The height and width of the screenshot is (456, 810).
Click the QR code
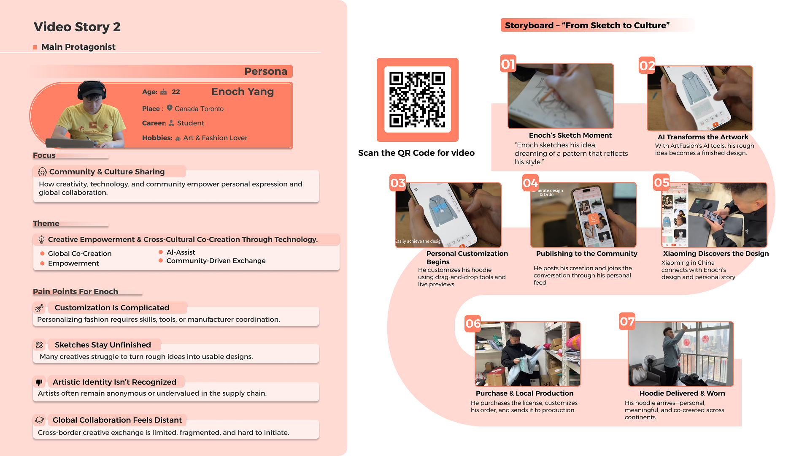tap(417, 100)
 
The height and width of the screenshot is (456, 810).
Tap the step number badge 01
tap(508, 64)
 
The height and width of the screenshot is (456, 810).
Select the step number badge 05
tap(661, 182)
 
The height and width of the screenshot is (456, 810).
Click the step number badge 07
tap(627, 322)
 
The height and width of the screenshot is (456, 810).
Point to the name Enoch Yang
tap(243, 92)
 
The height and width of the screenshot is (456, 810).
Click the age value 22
tap(176, 92)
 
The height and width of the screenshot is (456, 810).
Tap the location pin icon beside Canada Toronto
tap(170, 108)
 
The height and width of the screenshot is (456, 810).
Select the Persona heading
tap(266, 71)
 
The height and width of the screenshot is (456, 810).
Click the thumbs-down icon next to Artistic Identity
tap(39, 382)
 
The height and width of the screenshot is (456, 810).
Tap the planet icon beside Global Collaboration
tap(39, 420)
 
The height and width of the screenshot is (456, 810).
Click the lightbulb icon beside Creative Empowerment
tap(41, 240)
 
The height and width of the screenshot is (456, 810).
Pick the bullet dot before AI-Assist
tap(161, 252)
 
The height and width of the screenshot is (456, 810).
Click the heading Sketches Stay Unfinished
tap(103, 345)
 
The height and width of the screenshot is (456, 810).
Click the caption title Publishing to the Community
tap(586, 254)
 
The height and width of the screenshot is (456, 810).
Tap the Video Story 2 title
tap(77, 27)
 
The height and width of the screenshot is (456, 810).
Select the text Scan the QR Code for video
tap(416, 153)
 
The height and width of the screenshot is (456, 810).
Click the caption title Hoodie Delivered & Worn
tap(682, 394)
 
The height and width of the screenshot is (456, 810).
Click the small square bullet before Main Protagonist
tap(35, 47)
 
